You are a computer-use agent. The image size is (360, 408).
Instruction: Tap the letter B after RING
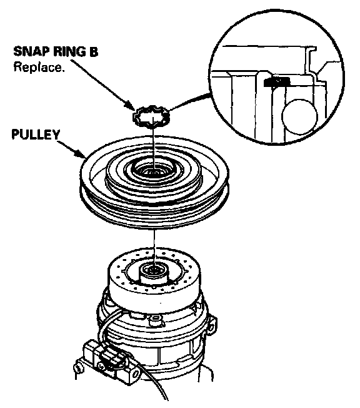(x=94, y=51)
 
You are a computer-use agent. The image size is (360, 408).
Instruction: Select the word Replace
(x=39, y=67)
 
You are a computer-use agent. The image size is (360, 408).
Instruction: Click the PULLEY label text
(x=36, y=135)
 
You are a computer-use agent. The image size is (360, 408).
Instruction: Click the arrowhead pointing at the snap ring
(x=130, y=105)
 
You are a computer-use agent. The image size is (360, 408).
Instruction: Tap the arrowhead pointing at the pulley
(x=81, y=154)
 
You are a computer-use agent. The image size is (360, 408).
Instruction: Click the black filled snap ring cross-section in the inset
(x=277, y=82)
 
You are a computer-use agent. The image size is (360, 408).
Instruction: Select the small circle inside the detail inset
(x=300, y=116)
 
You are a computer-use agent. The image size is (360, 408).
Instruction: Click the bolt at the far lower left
(x=77, y=367)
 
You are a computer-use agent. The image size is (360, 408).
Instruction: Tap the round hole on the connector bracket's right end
(x=136, y=374)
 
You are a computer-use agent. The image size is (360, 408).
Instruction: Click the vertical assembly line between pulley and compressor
(x=154, y=247)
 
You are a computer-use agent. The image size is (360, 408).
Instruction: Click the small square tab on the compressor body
(x=156, y=320)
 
